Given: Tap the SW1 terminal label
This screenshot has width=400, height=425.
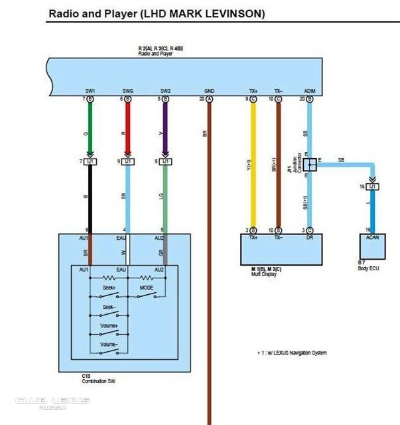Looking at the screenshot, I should point(90,91).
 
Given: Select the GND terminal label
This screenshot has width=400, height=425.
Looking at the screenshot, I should point(210,91).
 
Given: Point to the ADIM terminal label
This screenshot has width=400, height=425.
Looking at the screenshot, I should point(309,91).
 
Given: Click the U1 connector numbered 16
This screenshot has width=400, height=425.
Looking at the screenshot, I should point(373,187).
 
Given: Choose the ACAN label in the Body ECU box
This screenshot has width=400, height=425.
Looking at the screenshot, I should point(372,236).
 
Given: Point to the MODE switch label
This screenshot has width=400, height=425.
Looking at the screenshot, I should point(147,288).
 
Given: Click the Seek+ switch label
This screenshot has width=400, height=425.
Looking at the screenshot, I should point(109,288).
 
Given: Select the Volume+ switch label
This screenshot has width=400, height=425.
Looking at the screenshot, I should point(109,326).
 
